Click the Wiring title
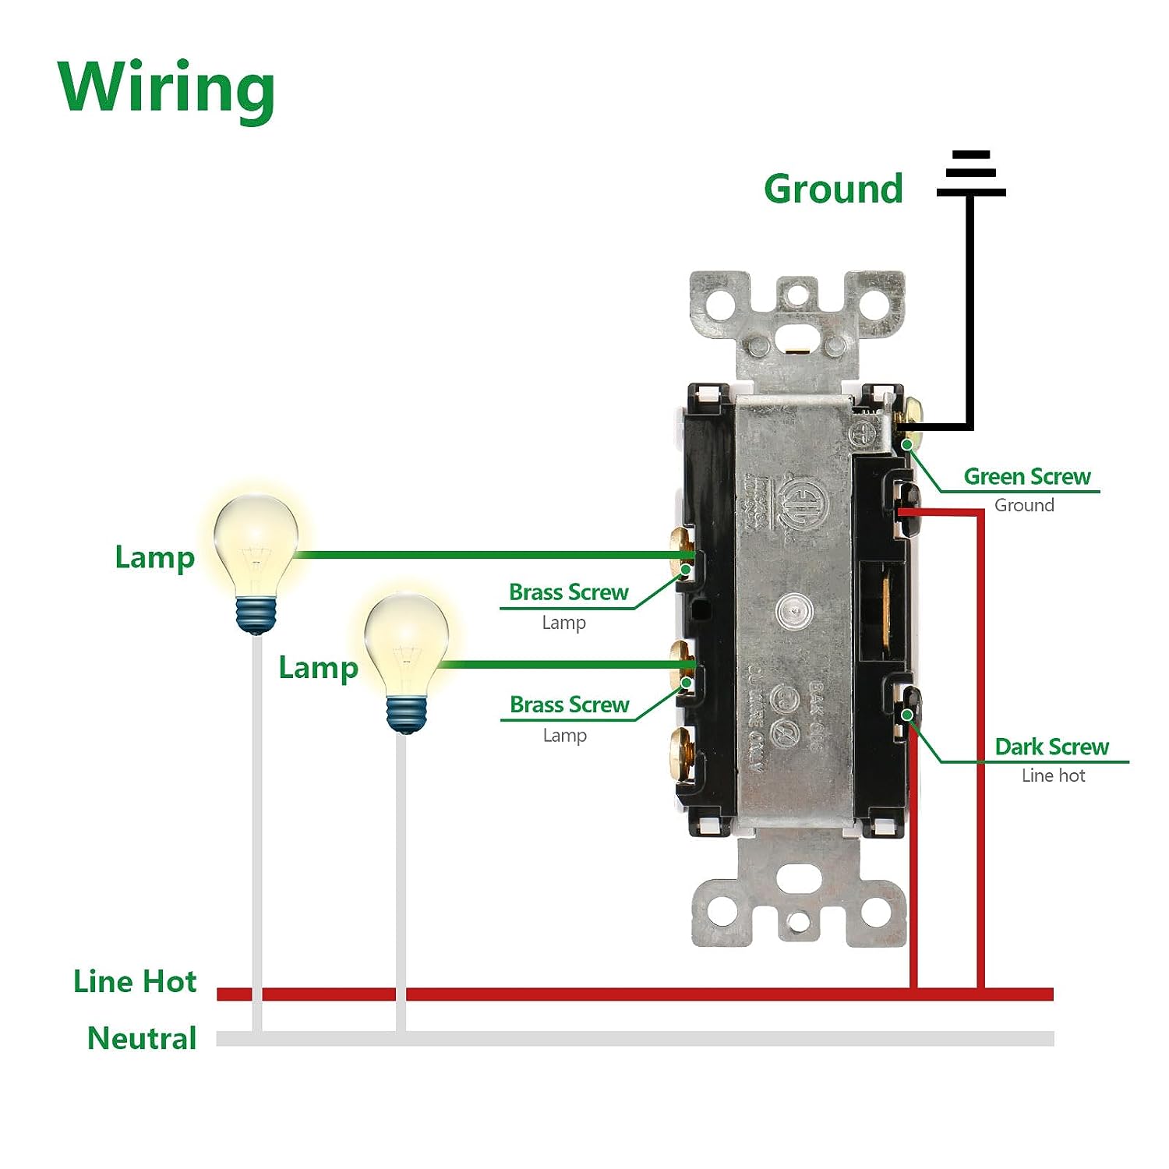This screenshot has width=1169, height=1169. (166, 88)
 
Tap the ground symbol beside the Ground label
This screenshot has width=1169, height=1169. (971, 174)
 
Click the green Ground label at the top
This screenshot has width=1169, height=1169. (833, 189)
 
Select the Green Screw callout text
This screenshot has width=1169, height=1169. (1026, 476)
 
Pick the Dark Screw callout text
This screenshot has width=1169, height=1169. (1051, 747)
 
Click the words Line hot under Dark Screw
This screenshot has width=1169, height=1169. (1053, 775)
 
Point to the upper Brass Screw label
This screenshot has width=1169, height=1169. (568, 592)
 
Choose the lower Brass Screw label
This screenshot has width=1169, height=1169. (569, 705)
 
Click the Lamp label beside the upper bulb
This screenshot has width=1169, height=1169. (154, 558)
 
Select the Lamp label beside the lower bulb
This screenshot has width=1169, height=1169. (318, 668)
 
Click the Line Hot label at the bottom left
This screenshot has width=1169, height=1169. (135, 981)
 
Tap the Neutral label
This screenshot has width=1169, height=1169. (142, 1038)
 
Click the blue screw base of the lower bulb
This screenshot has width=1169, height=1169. (407, 714)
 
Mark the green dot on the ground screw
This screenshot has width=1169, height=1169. (908, 444)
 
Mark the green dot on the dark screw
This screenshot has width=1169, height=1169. (907, 715)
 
